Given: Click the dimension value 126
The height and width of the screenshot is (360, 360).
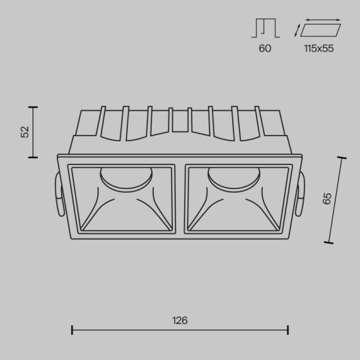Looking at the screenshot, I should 180,320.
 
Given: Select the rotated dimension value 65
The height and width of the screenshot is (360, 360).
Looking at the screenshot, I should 328,198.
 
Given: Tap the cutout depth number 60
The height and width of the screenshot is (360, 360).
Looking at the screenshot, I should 265,48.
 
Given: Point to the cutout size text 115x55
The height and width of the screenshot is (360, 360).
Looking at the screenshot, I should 318,48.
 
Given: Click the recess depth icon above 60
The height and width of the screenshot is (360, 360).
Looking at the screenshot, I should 265,28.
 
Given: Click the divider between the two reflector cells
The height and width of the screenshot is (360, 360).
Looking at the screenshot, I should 180,199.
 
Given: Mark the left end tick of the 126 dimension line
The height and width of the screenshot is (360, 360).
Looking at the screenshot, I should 72,330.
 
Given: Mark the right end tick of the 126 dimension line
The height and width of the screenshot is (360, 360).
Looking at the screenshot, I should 288,330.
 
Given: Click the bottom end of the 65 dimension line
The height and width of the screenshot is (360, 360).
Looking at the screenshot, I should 329,243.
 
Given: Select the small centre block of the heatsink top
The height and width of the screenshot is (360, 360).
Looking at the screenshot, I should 180,120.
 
